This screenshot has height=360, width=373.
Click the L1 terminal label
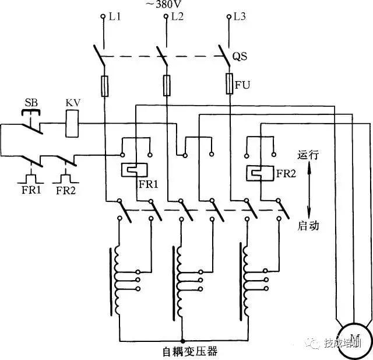tap(115, 16)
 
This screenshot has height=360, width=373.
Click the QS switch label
tap(240, 57)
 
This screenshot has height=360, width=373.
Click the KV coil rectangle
tap(72, 124)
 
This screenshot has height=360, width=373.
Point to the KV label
tap(72, 103)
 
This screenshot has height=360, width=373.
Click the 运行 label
tap(308, 156)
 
